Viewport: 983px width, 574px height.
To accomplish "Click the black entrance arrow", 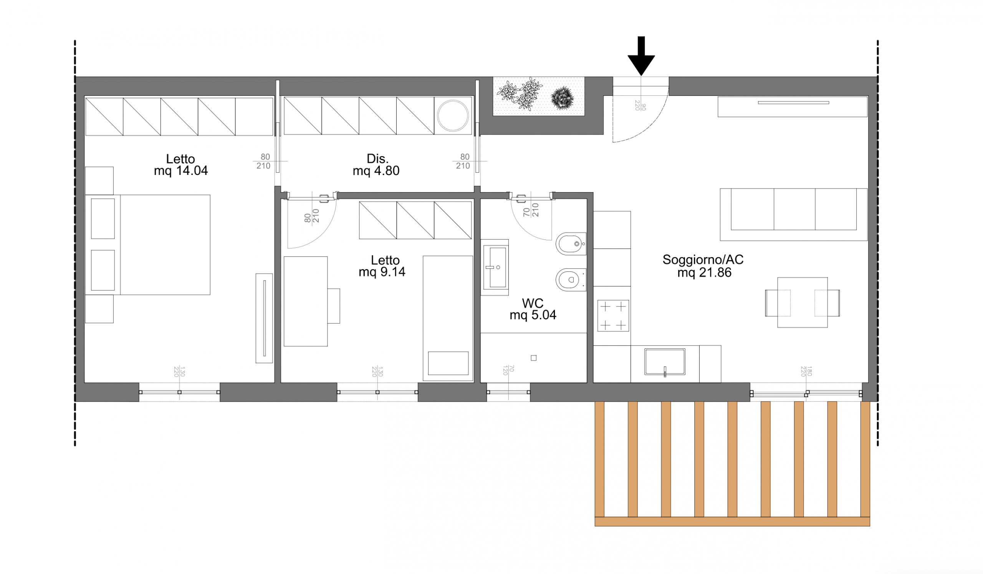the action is tap(641, 55).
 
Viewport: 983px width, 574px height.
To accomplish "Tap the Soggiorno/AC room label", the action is tap(703, 266).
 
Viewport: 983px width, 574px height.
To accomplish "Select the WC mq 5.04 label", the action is tap(533, 309).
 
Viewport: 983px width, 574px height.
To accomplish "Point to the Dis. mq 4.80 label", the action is tap(376, 165).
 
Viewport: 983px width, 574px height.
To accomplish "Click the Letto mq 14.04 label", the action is tap(180, 165).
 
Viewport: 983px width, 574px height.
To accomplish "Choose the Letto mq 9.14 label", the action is tap(382, 266).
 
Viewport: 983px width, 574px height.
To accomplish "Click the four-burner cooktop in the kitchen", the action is tap(613, 316).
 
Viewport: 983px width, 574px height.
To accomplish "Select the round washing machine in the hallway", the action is tap(452, 116).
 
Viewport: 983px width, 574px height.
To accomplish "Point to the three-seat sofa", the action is tap(793, 215).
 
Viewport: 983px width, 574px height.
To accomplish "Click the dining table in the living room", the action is tap(803, 302).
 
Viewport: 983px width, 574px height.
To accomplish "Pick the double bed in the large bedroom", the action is tap(147, 245).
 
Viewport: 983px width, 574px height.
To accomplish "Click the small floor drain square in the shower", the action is tap(534, 358).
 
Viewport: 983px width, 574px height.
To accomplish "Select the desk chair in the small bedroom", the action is tap(334, 306).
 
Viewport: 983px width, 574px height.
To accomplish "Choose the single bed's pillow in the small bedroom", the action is tap(448, 364).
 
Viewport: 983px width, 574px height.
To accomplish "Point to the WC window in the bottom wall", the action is tap(508, 392).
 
